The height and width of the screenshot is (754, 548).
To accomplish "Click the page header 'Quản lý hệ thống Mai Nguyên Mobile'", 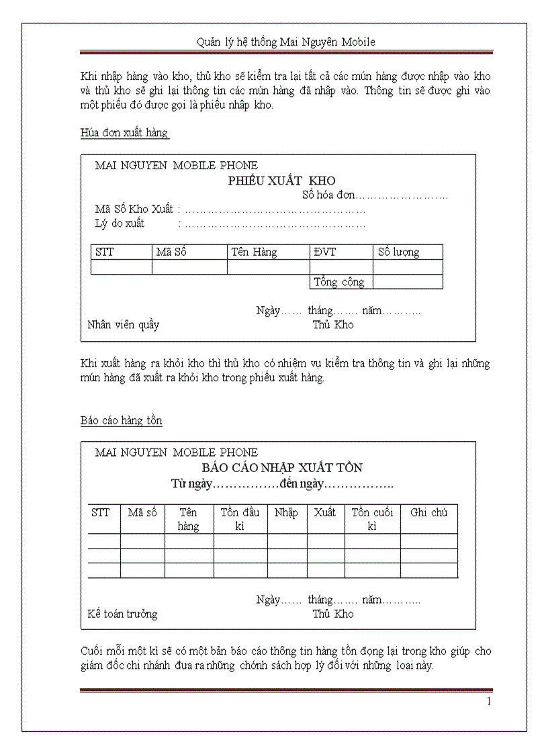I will [285, 42].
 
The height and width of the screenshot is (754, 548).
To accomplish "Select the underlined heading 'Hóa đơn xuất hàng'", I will [124, 133].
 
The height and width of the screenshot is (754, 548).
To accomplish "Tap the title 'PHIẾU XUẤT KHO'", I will [281, 181].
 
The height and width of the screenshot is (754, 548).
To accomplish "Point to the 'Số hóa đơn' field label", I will [328, 195].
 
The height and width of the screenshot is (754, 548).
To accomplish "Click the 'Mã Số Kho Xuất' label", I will [134, 209].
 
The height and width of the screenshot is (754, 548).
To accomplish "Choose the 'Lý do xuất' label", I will [120, 224].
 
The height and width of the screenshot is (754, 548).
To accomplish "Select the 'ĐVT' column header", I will [324, 252].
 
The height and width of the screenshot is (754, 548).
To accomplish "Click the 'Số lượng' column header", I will [398, 252].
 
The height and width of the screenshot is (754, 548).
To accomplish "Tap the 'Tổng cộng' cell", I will [339, 282].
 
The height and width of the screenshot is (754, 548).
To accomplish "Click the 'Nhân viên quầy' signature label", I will [124, 325].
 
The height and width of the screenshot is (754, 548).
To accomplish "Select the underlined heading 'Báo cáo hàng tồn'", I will [121, 420].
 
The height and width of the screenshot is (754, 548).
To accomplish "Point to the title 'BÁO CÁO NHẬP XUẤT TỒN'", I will [282, 468].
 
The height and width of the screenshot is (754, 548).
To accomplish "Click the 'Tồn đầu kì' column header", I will [240, 519].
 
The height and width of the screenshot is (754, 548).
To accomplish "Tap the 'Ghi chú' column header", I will [428, 512].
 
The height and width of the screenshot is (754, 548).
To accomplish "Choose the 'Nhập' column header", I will [286, 512].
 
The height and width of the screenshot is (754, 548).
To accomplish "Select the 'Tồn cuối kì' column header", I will [373, 519].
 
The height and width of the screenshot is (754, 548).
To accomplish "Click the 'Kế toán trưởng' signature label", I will [122, 614].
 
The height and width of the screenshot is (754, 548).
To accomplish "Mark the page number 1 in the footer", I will [489, 702].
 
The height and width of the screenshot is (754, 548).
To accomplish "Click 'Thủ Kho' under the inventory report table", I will [332, 614].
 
